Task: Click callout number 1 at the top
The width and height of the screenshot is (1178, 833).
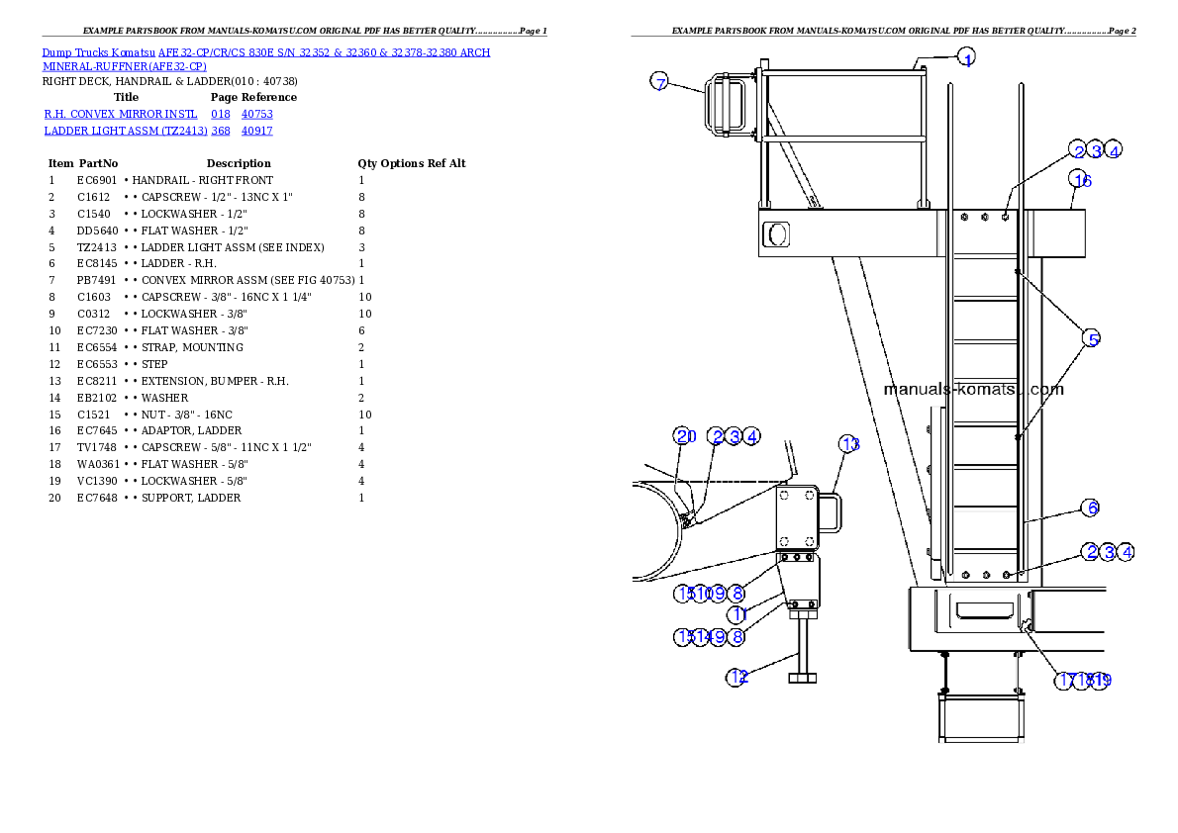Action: (967, 58)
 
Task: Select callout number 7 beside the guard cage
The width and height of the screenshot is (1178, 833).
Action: (660, 82)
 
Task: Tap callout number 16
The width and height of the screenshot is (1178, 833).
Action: (1081, 180)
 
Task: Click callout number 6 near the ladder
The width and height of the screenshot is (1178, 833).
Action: (1090, 509)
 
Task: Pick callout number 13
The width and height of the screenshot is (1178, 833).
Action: (849, 444)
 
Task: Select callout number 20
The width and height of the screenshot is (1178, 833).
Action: (685, 436)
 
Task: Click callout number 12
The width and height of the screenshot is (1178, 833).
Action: (737, 678)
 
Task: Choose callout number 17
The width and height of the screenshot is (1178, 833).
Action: (1066, 681)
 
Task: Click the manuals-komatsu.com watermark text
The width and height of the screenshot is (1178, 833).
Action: (973, 389)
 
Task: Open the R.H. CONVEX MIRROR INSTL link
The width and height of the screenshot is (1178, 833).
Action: (121, 115)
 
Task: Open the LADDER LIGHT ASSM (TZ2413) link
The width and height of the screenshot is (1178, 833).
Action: (126, 131)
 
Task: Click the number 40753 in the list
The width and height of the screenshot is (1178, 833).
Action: (256, 115)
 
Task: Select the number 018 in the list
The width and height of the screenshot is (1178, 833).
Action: (221, 115)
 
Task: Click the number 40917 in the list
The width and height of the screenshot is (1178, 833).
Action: (256, 131)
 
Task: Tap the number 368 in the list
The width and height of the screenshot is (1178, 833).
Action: (221, 131)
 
